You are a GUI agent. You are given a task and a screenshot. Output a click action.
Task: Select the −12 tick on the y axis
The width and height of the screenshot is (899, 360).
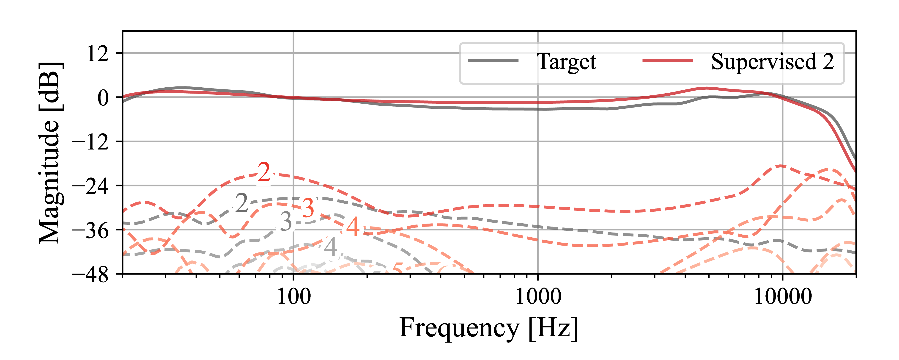90,142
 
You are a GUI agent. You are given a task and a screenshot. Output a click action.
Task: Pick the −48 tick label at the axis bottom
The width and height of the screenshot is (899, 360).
90,275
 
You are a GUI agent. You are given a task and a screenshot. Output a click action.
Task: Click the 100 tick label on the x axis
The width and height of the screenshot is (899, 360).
293,297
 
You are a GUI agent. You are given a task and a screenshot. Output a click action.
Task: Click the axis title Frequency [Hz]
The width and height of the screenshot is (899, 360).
489,328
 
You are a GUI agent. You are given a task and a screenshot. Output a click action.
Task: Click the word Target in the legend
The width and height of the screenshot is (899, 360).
566,62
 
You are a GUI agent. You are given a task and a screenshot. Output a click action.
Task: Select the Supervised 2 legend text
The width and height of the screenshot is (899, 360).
772,62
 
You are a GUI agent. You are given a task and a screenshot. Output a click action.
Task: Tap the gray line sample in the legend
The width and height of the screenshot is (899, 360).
493,61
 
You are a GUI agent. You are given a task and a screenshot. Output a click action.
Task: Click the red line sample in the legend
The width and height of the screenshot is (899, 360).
668,61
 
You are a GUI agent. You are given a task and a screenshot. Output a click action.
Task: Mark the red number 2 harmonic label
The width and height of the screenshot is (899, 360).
264,172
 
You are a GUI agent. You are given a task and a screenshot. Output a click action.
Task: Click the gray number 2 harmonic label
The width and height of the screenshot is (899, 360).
241,203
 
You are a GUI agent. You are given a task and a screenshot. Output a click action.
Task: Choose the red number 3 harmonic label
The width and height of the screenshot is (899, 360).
308,208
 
